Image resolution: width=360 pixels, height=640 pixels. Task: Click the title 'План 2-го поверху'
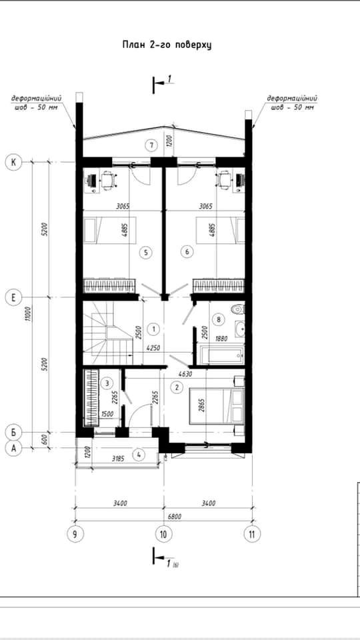tap(167, 45)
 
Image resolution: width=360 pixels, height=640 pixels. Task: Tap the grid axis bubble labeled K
tap(13, 163)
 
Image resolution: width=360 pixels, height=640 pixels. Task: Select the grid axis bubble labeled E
tap(13, 297)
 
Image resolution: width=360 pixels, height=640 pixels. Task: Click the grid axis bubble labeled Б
tap(13, 432)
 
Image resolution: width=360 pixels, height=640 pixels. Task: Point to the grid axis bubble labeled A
tap(13, 448)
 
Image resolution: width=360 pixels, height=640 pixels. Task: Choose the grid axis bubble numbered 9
tap(75, 534)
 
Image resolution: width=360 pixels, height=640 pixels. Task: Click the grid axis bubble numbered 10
tap(164, 534)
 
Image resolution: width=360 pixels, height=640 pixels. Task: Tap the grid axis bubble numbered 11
tap(252, 534)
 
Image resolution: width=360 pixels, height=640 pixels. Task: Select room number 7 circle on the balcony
tap(152, 145)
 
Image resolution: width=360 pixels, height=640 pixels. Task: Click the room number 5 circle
tap(146, 253)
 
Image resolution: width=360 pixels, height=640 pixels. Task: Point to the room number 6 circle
tap(187, 252)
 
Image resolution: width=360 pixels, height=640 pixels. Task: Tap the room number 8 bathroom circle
tap(219, 319)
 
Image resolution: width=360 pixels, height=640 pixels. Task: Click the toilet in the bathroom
tap(238, 310)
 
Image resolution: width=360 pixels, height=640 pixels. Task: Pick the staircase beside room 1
tap(108, 333)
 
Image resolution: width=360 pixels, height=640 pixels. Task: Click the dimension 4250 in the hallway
tap(153, 348)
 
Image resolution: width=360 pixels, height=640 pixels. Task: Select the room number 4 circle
tap(139, 454)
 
